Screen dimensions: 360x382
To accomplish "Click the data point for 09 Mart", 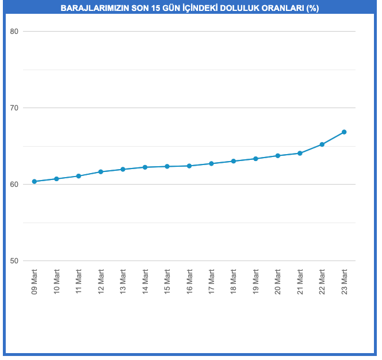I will pos(35,182).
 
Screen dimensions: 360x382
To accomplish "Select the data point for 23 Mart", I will pos(344,132).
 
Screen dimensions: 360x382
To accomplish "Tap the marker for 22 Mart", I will pos(322,144).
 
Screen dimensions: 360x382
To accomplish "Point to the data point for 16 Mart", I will pos(189,166).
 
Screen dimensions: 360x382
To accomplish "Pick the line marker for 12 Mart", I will pos(101,172).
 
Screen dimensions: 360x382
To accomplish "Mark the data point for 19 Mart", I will pos(255,159).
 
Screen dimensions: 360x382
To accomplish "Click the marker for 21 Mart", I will pos(300,154).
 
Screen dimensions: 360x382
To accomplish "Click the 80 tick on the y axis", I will pos(15,32).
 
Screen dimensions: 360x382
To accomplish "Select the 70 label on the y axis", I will pos(15,108).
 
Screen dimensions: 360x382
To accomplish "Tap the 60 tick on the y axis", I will pos(15,185).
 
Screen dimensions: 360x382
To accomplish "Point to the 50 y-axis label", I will pos(15,261).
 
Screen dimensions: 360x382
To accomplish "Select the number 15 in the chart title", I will pos(156,9).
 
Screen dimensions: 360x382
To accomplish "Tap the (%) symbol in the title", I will pos(312,9).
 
